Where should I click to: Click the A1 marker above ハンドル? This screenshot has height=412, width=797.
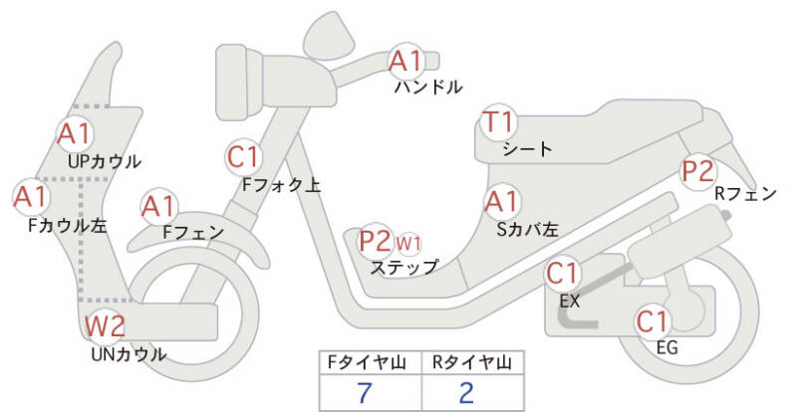point(406,62)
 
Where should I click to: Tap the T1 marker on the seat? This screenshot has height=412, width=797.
point(498,123)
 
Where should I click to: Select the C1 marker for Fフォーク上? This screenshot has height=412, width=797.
point(243,156)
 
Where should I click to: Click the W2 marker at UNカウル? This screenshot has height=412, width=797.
point(104,325)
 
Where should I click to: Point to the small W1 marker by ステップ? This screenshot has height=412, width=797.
point(408,243)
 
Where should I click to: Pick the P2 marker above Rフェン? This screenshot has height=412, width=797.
point(697,170)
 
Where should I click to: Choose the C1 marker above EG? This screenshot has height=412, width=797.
point(653,321)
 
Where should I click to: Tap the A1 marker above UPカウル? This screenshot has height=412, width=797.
point(74,133)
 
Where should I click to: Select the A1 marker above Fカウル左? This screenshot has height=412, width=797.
point(30,196)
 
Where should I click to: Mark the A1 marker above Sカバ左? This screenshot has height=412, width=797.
point(501,202)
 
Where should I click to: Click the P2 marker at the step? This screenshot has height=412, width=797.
point(376,240)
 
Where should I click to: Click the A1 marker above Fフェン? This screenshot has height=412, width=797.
point(158,207)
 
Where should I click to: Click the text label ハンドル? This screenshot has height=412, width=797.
point(428,88)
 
